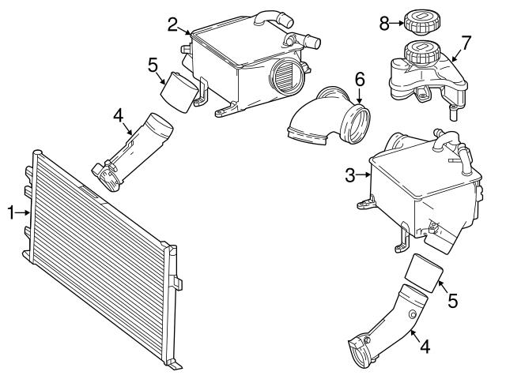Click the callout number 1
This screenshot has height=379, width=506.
[11, 212]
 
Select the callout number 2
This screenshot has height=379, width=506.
[172, 24]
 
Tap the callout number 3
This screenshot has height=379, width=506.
[350, 176]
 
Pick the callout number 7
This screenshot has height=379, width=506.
[466, 42]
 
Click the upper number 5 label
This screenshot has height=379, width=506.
[154, 62]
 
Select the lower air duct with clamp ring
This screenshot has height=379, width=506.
[379, 336]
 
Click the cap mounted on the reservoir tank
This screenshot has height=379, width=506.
[417, 54]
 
